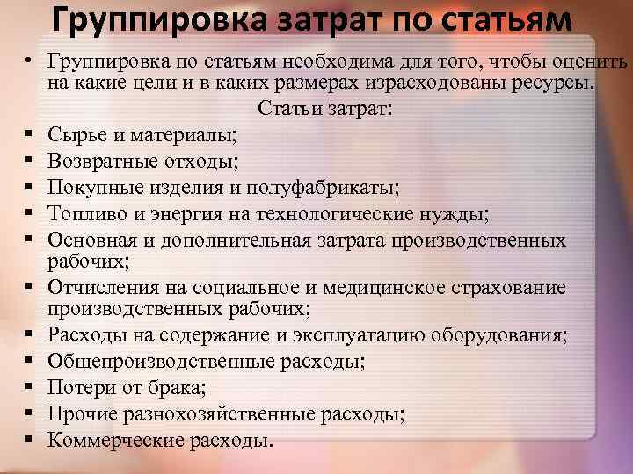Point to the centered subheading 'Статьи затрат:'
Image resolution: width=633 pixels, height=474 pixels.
326,110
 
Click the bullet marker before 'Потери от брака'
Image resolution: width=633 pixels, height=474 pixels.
30,386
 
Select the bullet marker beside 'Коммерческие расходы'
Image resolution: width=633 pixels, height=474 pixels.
30,439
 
